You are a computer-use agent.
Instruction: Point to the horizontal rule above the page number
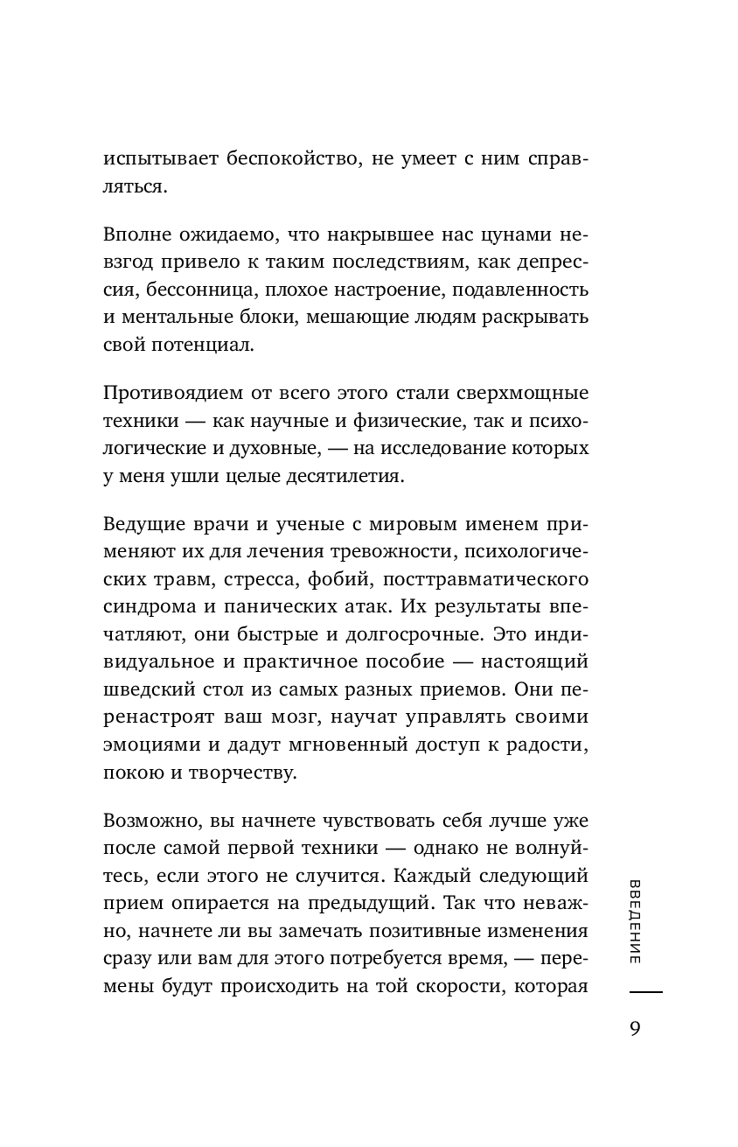(645, 992)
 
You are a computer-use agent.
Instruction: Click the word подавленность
(522, 290)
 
